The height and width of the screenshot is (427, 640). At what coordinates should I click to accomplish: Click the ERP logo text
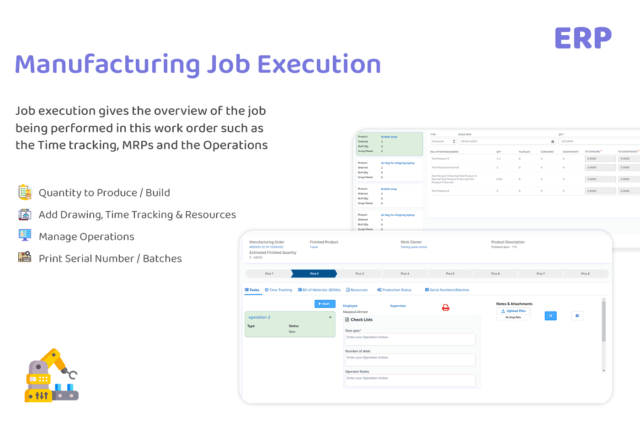pos(583,38)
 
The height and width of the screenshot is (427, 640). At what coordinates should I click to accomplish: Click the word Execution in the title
pos(319,64)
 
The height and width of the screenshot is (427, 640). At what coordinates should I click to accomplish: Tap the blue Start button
pos(325,304)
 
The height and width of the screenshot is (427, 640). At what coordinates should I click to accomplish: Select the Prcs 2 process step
pos(314,273)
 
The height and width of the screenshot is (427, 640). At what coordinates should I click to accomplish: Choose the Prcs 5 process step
pos(450,273)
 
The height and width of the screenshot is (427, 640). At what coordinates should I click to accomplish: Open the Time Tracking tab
pos(278,290)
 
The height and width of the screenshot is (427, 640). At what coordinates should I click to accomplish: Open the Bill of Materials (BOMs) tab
pos(319,290)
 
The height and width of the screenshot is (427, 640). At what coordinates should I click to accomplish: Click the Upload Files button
pos(513,311)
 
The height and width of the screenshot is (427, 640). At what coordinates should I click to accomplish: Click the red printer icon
pos(446,308)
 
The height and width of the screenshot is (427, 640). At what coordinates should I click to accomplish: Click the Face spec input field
pos(410,339)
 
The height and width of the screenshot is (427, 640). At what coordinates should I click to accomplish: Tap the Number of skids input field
pos(410,360)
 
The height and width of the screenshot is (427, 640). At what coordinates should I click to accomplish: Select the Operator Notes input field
pos(410,380)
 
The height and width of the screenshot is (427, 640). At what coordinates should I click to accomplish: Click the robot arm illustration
pos(51,375)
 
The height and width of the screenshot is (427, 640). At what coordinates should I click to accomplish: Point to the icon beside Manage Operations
pos(25,235)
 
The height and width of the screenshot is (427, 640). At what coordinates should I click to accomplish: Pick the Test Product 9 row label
pos(440,159)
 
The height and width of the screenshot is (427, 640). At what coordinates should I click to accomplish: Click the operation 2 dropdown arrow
pos(331,317)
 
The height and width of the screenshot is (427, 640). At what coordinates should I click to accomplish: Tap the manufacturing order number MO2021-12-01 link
pos(266,247)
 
